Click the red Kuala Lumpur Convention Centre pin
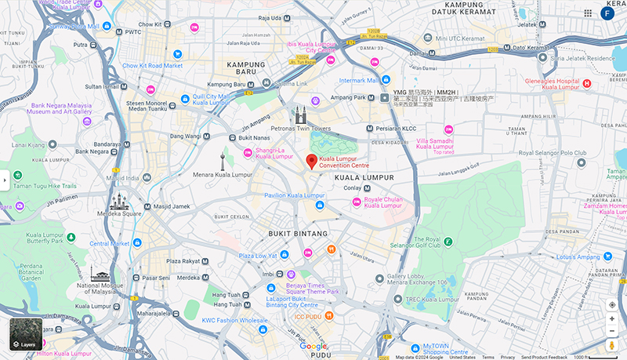[311, 162]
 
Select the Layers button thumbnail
[26, 334]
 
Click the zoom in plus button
[612, 318]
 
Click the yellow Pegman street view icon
[612, 345]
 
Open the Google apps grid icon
[588, 13]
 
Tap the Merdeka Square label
[120, 213]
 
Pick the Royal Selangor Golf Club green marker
[448, 242]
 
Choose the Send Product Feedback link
[543, 357]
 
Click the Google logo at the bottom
[313, 347]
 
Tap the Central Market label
[109, 244]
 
